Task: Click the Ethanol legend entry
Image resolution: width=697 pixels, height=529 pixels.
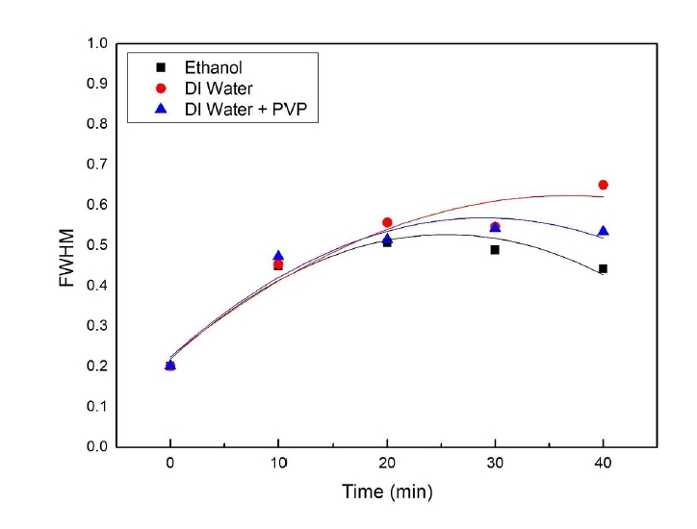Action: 215,68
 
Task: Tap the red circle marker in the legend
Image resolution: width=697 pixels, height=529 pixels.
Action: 162,89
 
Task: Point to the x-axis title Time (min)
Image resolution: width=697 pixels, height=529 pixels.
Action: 387,491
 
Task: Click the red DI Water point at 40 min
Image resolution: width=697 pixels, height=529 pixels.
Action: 604,185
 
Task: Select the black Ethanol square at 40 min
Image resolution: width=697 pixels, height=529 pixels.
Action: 604,269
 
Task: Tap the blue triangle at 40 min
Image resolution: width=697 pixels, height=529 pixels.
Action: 604,231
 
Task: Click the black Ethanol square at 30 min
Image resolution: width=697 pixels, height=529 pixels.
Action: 495,250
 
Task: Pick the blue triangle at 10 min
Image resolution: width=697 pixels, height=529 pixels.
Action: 279,256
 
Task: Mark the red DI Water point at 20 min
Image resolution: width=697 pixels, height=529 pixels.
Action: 387,222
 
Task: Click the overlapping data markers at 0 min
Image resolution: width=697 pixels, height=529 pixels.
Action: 170,365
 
